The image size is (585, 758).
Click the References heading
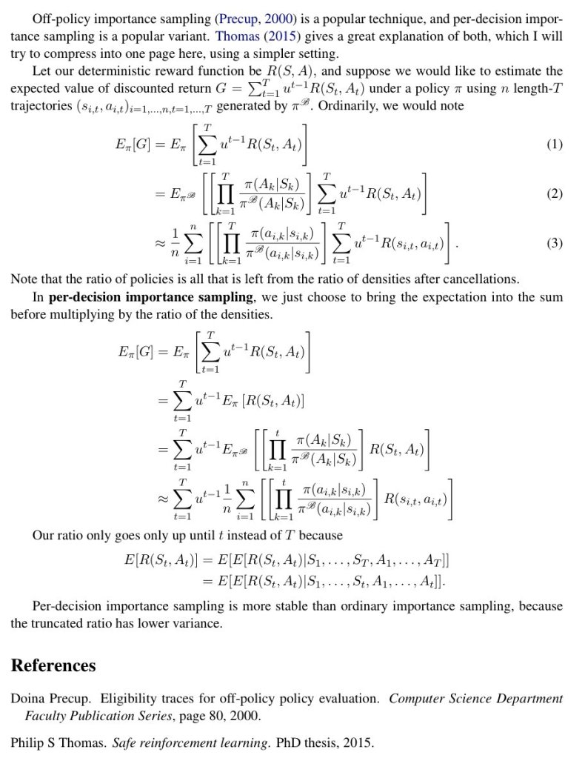coord(53,665)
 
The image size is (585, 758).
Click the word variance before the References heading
coord(198,623)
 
